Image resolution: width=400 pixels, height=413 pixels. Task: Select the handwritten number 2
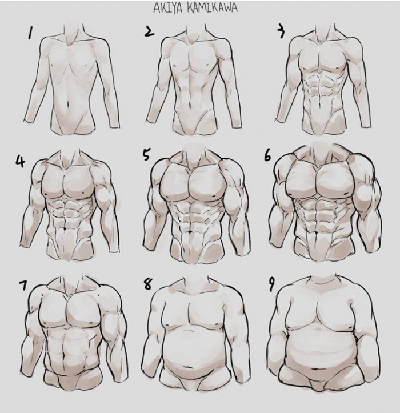(149, 31)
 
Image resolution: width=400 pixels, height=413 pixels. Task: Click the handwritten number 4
(20, 162)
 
